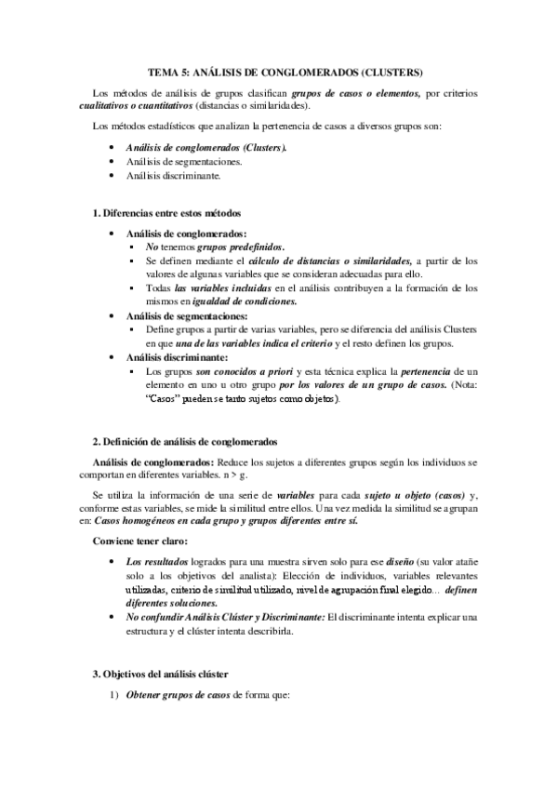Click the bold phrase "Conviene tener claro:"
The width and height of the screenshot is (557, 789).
pyautogui.click(x=137, y=541)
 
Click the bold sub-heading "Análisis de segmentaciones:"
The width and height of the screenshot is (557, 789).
pyautogui.click(x=187, y=316)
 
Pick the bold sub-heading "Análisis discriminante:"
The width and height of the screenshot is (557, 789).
pyautogui.click(x=178, y=356)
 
